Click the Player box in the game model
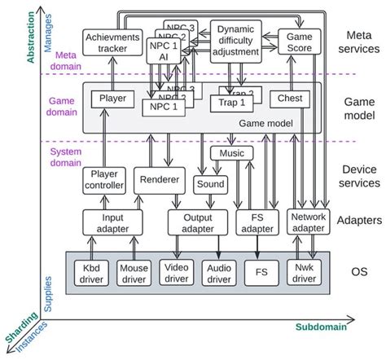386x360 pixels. (112, 99)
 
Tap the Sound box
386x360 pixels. (210, 185)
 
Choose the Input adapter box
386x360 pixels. (107, 222)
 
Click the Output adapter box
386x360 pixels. (196, 222)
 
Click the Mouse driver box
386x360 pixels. (134, 273)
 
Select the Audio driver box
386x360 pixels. (218, 273)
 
